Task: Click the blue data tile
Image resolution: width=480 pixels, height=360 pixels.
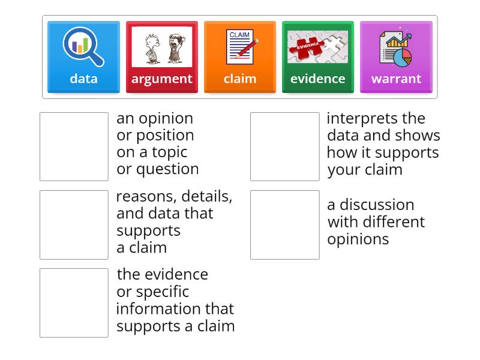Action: pyautogui.click(x=83, y=58)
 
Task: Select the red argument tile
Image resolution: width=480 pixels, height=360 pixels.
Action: pyautogui.click(x=161, y=58)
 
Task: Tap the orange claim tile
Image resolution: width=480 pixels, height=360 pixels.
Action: pyautogui.click(x=239, y=58)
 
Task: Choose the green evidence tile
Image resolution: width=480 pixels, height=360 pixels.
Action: pyautogui.click(x=317, y=58)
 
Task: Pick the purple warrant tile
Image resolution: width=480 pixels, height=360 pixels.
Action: pyautogui.click(x=395, y=58)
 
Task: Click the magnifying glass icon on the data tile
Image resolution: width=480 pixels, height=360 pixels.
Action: pyautogui.click(x=83, y=47)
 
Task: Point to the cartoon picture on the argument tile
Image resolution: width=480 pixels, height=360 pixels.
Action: pyautogui.click(x=161, y=47)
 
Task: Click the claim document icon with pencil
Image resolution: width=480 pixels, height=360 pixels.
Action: pyautogui.click(x=241, y=47)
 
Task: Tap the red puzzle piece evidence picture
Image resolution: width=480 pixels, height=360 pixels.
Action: pyautogui.click(x=317, y=47)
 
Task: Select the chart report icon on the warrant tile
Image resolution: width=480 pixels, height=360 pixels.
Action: pyautogui.click(x=396, y=48)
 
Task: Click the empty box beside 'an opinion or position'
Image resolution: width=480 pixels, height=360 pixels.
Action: pyautogui.click(x=74, y=146)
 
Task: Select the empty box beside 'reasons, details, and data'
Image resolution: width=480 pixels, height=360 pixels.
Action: pyautogui.click(x=74, y=224)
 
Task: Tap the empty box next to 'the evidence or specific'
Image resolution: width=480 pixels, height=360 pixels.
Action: pyautogui.click(x=74, y=302)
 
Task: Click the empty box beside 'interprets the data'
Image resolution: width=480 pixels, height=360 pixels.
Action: pyautogui.click(x=284, y=146)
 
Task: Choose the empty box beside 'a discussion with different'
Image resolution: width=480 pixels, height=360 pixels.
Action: pyautogui.click(x=284, y=224)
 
